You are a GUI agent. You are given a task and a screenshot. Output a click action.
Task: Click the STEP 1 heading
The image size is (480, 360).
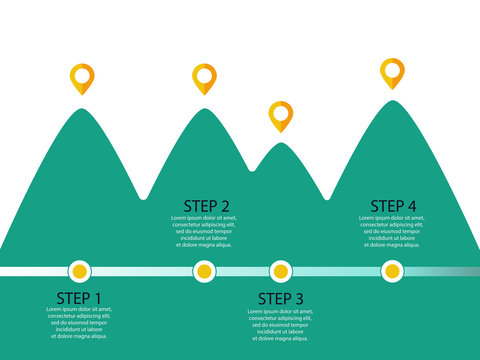point(79,298)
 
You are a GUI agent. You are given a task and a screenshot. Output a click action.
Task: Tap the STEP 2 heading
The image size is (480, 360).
point(207,206)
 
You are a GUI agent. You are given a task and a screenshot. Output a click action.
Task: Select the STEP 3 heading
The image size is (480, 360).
point(281,298)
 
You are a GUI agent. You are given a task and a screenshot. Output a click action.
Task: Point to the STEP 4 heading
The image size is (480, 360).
point(394,206)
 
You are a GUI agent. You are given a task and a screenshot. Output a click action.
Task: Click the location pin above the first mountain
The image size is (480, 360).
point(81,77)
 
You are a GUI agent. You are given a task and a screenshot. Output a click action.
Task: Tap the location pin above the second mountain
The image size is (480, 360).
point(204,77)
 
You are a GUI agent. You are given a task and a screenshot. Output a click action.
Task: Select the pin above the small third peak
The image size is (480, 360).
point(281,114)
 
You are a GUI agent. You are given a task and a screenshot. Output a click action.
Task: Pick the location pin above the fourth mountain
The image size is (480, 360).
point(392,71)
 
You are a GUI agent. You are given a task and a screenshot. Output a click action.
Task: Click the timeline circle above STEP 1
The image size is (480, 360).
point(79,270)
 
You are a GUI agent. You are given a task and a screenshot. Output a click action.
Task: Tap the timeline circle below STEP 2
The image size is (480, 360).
point(204,270)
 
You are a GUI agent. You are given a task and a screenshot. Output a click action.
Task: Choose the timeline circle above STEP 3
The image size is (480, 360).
point(281,270)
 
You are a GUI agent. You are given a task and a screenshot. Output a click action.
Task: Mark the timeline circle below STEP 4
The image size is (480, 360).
point(392,270)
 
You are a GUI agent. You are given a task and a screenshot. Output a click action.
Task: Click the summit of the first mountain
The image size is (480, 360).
point(80,109)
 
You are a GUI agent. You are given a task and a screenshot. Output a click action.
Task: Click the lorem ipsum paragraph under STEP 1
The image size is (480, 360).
point(79,323)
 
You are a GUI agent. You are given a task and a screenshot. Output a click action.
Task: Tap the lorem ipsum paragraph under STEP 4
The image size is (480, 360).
point(392,231)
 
